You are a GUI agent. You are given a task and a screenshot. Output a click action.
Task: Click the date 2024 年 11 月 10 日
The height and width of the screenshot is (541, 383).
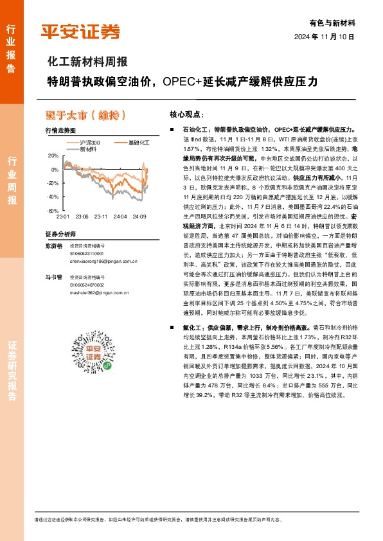(x=325, y=37)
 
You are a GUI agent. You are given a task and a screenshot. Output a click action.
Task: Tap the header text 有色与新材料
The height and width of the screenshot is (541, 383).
(x=332, y=22)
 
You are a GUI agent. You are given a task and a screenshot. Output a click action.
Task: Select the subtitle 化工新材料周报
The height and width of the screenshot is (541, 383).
(x=89, y=62)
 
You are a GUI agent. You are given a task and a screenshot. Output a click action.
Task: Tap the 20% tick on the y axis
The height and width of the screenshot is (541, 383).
(x=53, y=156)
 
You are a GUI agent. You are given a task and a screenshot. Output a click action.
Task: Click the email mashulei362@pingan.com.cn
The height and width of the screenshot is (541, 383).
(x=97, y=291)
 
